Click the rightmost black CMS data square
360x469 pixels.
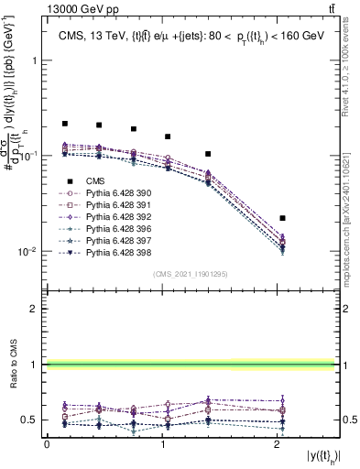[x=283, y=218]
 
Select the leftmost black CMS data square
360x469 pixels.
[x=65, y=123]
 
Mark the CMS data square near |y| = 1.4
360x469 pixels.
[x=208, y=154]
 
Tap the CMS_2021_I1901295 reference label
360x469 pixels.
[x=190, y=274]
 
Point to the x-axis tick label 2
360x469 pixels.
[x=278, y=444]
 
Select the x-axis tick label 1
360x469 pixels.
[x=162, y=444]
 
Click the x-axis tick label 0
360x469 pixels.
[x=47, y=444]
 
